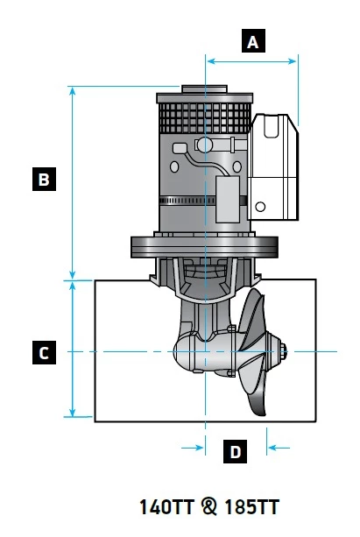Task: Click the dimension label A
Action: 253,41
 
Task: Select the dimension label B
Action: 43,180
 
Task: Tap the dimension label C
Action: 43,353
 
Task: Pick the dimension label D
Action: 235,452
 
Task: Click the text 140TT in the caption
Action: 166,506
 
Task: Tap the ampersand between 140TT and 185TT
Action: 208,506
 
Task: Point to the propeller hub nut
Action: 285,353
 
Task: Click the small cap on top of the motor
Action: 204,88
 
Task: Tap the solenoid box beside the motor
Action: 275,166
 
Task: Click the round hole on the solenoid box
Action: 259,208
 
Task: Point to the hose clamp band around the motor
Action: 188,201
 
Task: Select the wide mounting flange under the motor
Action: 203,245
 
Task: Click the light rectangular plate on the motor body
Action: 229,194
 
